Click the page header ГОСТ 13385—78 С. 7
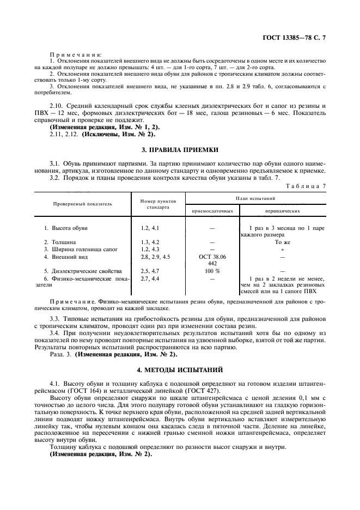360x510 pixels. pos(297,38)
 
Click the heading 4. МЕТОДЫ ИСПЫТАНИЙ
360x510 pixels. pos(179,370)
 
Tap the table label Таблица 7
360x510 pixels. pos(308,186)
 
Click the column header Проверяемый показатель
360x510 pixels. pos(83,204)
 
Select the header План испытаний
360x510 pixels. pos(255,198)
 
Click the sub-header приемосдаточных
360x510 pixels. pos(212,210)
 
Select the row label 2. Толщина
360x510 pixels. pos(60,241)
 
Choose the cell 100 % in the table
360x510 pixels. pos(212,271)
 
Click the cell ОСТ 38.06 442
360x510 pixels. pos(212,259)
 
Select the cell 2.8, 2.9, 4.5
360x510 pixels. pos(156,256)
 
